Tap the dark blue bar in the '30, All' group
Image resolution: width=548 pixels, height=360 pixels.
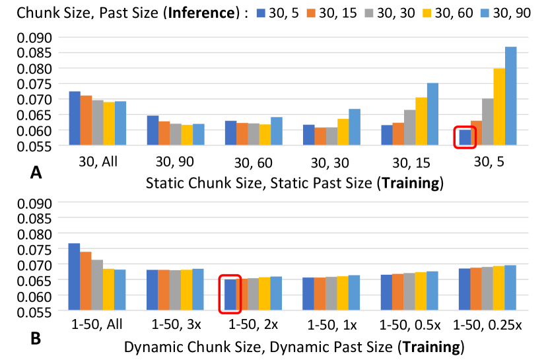pyautogui.click(x=75, y=118)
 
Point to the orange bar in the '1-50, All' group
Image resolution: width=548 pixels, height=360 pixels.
pyautogui.click(x=86, y=281)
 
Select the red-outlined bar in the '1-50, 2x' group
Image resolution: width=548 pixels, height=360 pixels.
pyautogui.click(x=230, y=295)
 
